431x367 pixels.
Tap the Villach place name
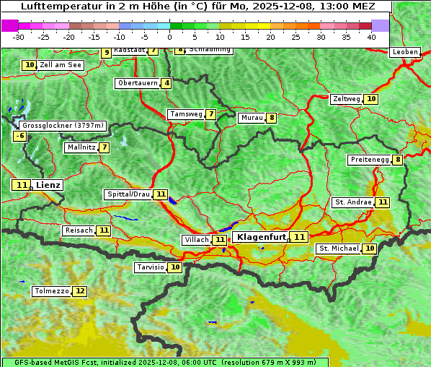197,239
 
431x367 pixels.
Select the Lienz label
48,185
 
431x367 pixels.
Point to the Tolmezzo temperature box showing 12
79,291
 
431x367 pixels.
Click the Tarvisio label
151,267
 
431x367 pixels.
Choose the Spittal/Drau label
128,194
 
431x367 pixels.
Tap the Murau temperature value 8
271,118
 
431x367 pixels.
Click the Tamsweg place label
185,114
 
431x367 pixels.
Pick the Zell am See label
61,65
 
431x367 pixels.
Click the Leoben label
404,52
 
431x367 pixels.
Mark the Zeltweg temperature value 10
370,99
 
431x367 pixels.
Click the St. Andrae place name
352,202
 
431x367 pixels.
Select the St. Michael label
339,249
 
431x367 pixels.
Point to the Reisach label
79,230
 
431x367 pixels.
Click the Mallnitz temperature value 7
105,147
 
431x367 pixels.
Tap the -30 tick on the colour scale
19,37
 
